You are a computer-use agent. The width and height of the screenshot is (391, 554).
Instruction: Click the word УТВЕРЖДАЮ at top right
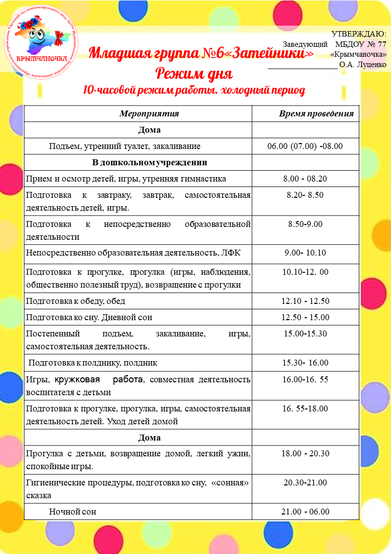[x=358, y=34]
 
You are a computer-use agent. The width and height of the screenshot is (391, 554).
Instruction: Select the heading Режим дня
[x=194, y=74]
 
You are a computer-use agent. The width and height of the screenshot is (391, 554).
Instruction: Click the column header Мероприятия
[x=149, y=113]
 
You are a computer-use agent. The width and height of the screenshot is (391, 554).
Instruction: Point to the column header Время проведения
[x=316, y=113]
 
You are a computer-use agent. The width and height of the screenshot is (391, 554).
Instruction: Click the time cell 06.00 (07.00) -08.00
[x=305, y=146]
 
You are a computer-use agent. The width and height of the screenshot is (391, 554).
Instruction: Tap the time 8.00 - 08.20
[x=305, y=179]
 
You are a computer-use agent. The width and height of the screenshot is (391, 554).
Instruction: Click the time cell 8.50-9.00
[x=305, y=224]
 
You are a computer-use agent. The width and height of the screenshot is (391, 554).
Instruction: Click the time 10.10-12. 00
[x=305, y=272]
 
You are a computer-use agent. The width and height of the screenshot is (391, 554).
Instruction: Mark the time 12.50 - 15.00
[x=305, y=317]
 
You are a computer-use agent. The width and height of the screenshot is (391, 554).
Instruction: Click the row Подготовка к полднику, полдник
[x=93, y=363]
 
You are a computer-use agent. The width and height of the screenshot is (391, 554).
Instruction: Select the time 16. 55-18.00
[x=305, y=408]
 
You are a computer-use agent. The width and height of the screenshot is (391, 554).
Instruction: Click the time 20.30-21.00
[x=305, y=482]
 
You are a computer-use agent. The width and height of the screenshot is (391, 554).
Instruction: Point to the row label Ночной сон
[x=72, y=512]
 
